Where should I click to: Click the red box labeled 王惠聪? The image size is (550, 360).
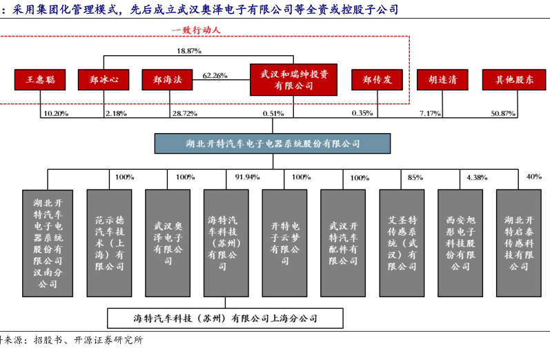[40, 79]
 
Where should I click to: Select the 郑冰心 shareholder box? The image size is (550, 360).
[104, 79]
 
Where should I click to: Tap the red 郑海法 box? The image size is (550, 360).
[167, 79]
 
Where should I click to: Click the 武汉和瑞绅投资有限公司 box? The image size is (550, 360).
[293, 79]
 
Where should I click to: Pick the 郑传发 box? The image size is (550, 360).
[377, 79]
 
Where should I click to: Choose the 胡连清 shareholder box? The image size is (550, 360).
[442, 79]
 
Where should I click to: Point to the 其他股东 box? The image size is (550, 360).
[514, 79]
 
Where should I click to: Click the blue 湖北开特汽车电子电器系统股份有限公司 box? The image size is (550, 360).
[273, 143]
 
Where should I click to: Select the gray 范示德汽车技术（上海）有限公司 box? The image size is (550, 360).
[110, 243]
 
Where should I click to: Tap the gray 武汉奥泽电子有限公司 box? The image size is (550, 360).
[168, 243]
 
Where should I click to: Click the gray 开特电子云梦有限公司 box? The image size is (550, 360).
[285, 243]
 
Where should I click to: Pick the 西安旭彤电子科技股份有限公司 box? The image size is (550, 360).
[460, 243]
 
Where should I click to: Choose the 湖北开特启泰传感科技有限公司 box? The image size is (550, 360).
[519, 243]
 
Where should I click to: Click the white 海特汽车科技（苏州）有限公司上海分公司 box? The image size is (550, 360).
[225, 319]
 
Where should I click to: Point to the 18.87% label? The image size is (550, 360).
[189, 51]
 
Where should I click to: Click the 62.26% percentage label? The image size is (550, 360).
[215, 75]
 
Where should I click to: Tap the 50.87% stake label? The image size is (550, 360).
[503, 114]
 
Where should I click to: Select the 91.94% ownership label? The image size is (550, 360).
[247, 177]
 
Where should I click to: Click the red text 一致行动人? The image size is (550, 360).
[197, 30]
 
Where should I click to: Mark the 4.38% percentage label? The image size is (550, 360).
[477, 178]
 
